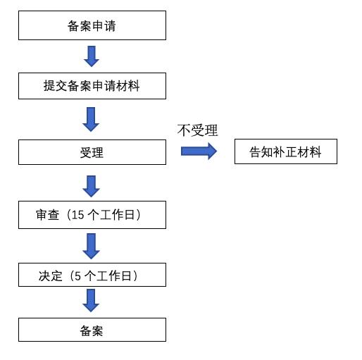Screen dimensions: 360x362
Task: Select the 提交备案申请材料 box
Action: pos(92,86)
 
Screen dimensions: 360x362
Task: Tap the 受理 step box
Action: pos(92,151)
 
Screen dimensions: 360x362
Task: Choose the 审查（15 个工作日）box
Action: pos(92,216)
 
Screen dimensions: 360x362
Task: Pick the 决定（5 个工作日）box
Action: pos(92,275)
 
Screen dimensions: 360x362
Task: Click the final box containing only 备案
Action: pos(92,330)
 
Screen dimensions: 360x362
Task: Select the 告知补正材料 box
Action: pos(285,151)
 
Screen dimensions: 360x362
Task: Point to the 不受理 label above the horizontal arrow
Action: pos(197,130)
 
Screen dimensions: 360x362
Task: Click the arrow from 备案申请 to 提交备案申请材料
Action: pos(91,56)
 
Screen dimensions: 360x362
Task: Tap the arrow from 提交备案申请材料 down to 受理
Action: pos(91,118)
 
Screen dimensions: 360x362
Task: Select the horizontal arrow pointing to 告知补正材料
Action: pos(199,151)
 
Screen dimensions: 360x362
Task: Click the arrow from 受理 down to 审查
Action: pos(91,185)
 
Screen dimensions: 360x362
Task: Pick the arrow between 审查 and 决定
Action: pos(91,245)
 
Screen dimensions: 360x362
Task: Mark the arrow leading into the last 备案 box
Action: pos(91,300)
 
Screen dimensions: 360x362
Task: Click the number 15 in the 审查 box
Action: pos(76,216)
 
